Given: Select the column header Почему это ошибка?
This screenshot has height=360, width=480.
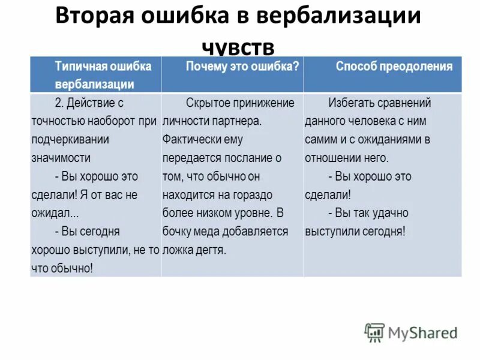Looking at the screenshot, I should tap(242, 67).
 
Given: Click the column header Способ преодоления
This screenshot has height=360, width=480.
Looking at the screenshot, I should tap(394, 67).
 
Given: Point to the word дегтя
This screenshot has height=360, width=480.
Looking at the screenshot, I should tap(211, 250).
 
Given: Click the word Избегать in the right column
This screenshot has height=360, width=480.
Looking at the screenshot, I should tap(350, 103).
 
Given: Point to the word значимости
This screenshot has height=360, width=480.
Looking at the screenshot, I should tap(61, 158).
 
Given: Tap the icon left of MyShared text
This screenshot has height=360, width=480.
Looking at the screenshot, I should tap(374, 332).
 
